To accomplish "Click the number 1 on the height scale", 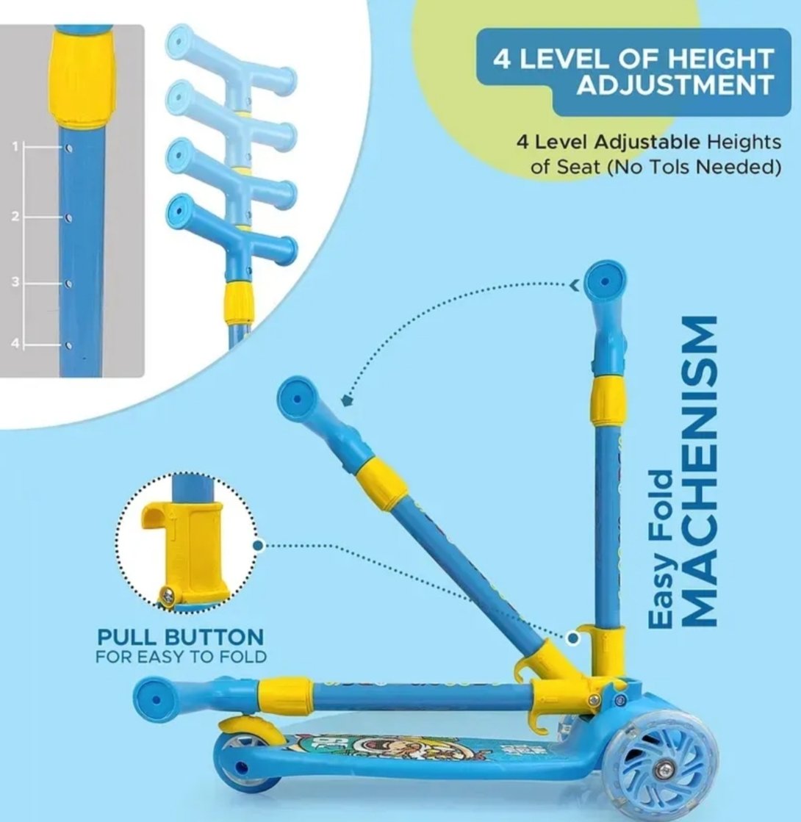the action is pyautogui.click(x=15, y=146).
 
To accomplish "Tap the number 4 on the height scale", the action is pyautogui.click(x=15, y=343).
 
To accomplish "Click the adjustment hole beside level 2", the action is pyautogui.click(x=69, y=217).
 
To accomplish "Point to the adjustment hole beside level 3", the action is pyautogui.click(x=69, y=284).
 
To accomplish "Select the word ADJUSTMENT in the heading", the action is pyautogui.click(x=675, y=84).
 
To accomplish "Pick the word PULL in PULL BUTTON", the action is pyautogui.click(x=127, y=638).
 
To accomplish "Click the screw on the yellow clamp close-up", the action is pyautogui.click(x=168, y=596).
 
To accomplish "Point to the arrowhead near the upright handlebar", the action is pyautogui.click(x=575, y=285).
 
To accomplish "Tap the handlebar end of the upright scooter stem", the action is pyautogui.click(x=605, y=281).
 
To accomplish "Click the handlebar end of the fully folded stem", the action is pyautogui.click(x=157, y=699).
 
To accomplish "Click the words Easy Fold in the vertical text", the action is pyautogui.click(x=661, y=549).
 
